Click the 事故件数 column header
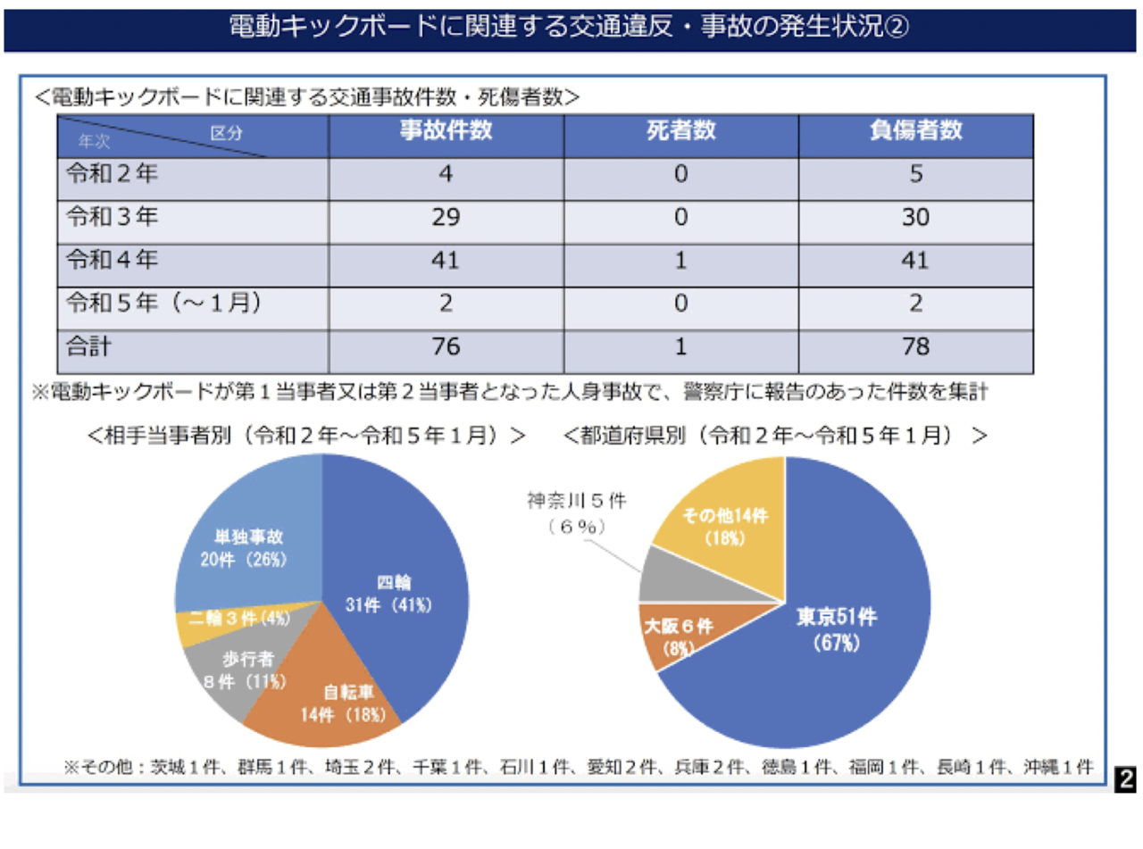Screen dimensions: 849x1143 coord(446,133)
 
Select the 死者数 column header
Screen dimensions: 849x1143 coord(680,133)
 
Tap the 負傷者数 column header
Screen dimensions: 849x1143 coord(915,133)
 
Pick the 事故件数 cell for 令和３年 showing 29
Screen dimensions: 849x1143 coord(446,218)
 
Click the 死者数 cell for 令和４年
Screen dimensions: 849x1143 coord(680,260)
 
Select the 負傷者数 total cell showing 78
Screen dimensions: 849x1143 coord(915,346)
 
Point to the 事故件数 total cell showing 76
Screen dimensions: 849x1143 coord(446,346)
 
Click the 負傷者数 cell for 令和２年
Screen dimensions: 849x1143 coord(915,176)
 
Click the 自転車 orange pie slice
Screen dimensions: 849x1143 coord(330,701)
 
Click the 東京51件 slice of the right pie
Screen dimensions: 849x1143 coord(826,629)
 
